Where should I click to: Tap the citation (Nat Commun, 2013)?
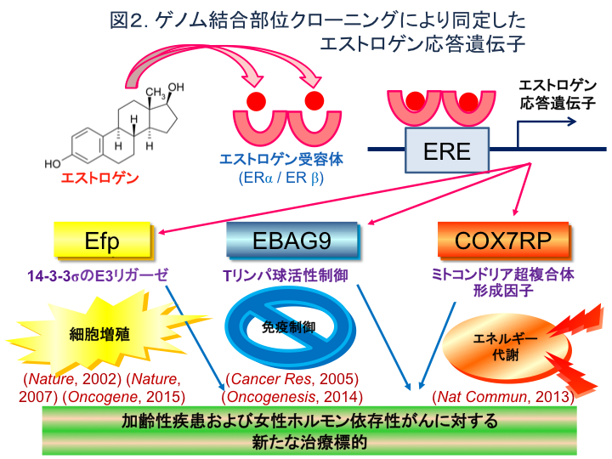(x=502, y=396)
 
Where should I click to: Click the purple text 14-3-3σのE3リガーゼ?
(x=97, y=275)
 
